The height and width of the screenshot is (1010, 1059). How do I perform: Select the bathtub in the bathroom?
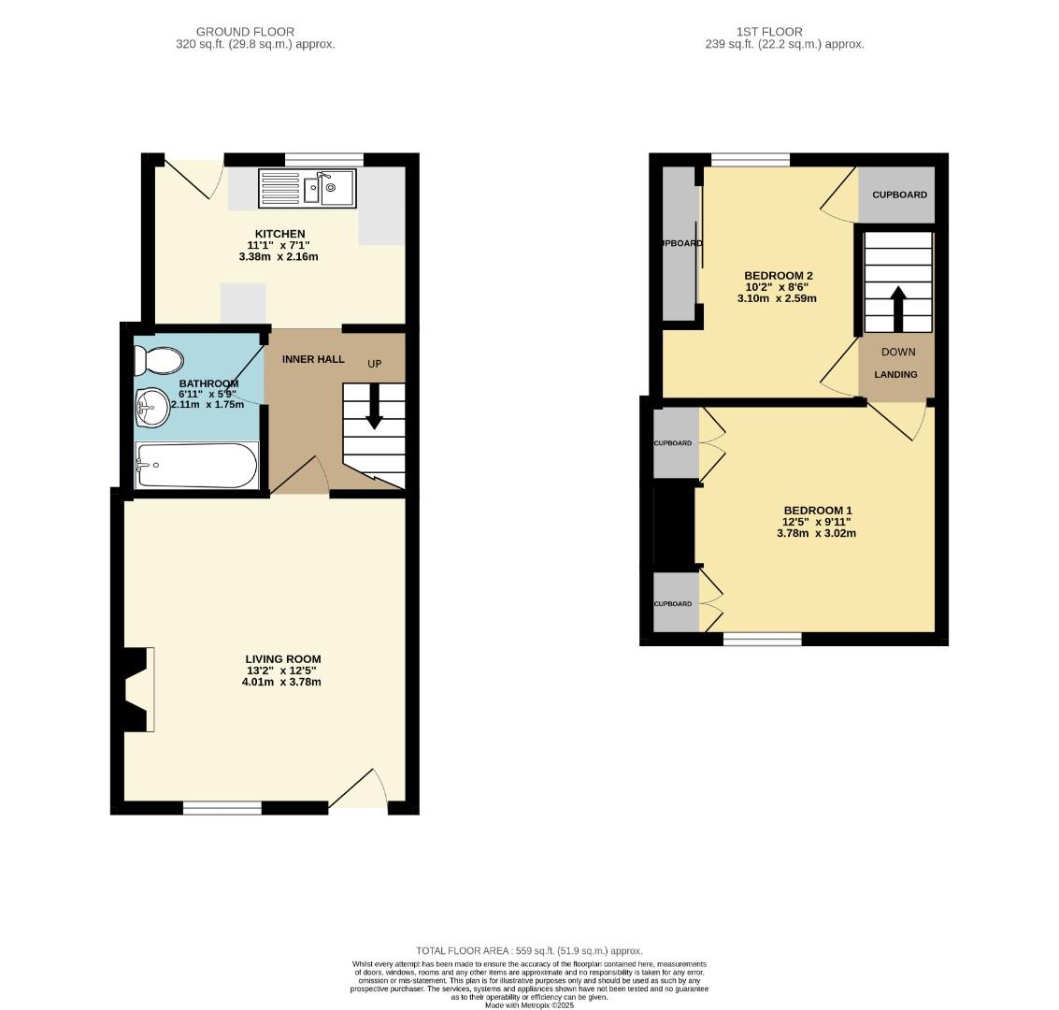click(196, 465)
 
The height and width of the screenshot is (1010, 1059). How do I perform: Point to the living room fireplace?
click(137, 689)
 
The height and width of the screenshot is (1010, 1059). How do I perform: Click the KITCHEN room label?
click(280, 234)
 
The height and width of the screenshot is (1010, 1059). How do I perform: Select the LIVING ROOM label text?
click(282, 659)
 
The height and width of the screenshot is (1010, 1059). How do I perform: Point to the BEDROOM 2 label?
click(778, 275)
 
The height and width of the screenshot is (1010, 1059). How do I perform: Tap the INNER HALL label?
click(313, 359)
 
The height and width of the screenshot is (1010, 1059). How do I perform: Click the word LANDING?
click(895, 374)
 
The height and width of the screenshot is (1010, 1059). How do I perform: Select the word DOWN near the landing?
click(898, 352)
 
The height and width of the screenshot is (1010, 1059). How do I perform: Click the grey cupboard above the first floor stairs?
click(898, 195)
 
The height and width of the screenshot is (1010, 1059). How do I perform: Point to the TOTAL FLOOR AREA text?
click(529, 950)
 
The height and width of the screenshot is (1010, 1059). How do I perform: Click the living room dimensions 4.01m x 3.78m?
click(280, 682)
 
